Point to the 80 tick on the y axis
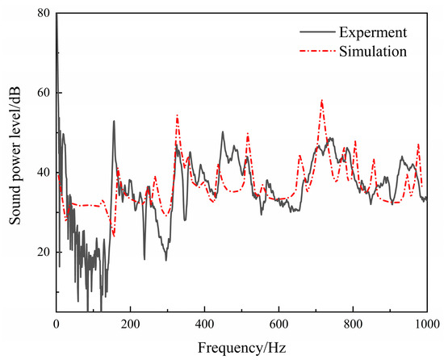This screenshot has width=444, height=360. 42,14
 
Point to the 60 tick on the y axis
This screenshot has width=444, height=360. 42,93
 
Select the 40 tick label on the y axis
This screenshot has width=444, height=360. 42,173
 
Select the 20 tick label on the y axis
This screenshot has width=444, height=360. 42,252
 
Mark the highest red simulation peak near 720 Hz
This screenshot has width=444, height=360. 322,101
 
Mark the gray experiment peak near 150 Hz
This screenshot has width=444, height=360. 114,121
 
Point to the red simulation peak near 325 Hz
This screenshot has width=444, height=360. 177,116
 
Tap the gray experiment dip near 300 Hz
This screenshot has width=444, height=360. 166,259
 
